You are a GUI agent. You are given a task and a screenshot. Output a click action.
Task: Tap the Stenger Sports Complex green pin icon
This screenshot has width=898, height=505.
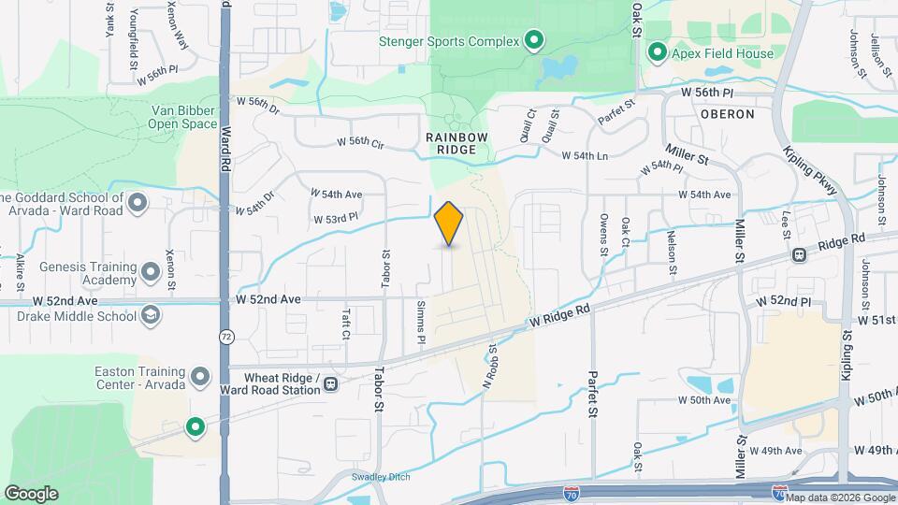click(533, 40)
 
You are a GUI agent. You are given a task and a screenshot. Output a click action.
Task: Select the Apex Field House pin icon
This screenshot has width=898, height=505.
click(657, 52)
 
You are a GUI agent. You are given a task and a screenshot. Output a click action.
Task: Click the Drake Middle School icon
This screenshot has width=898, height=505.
click(150, 317)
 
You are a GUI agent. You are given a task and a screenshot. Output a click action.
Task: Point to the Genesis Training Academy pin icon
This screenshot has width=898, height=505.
click(150, 274)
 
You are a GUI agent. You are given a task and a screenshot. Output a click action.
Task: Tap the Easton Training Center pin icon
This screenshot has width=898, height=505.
click(199, 377)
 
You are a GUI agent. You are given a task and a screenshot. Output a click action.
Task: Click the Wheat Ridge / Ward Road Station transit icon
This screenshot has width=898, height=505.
click(331, 382)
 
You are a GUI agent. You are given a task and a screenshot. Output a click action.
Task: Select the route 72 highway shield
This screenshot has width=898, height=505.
click(225, 336)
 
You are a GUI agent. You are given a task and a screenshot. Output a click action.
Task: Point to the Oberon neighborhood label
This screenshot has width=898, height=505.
click(727, 114)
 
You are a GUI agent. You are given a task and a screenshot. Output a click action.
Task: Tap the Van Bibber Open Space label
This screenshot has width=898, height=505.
click(184, 117)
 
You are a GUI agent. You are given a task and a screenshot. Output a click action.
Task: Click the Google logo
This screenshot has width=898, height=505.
click(31, 493)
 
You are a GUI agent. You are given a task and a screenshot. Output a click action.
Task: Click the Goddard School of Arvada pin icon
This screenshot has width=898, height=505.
click(138, 202)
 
